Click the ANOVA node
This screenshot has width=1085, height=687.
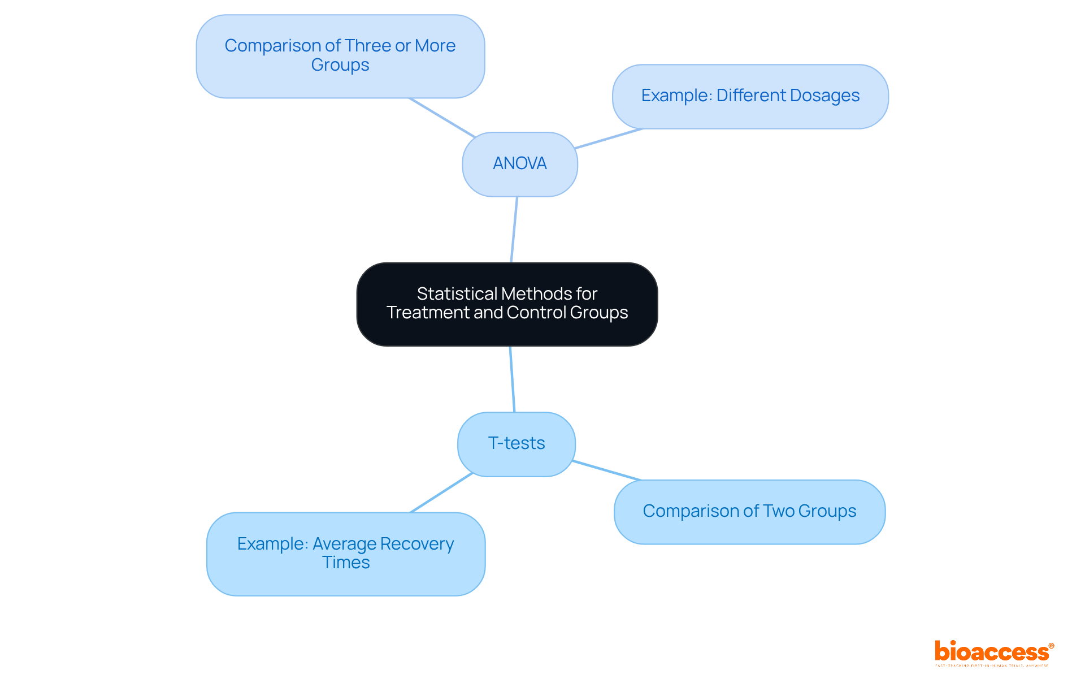[x=520, y=164]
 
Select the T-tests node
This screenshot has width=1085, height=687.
[x=517, y=444]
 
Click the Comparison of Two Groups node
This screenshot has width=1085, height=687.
[x=749, y=512]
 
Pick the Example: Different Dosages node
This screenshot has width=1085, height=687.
[x=750, y=96]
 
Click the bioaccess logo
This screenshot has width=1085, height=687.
[x=993, y=652]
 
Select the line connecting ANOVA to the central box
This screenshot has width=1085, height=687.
[x=514, y=229]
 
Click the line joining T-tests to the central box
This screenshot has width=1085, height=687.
[x=512, y=379]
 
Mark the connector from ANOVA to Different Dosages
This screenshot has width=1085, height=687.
[x=609, y=139]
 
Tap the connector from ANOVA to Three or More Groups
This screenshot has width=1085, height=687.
[x=442, y=118]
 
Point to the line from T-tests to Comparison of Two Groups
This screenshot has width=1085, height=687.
[x=606, y=470]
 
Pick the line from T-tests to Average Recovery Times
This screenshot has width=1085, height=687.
[x=441, y=492]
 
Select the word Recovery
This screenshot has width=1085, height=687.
[x=416, y=544]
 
